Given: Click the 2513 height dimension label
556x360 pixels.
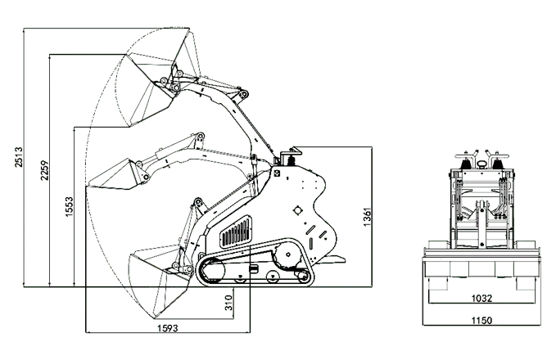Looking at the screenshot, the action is click(x=19, y=157).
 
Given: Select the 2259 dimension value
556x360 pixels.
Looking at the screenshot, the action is click(x=44, y=170).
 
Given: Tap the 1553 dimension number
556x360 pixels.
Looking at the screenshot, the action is click(x=69, y=206).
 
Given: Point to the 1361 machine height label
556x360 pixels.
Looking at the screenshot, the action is click(x=367, y=217).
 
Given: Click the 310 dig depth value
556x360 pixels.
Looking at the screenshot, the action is click(x=229, y=303).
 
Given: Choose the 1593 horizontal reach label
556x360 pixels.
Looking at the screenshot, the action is click(x=168, y=328).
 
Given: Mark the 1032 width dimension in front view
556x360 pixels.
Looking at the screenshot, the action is click(x=481, y=299).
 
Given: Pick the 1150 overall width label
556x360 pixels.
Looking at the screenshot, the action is click(x=481, y=320).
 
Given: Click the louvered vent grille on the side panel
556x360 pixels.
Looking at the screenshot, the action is click(x=236, y=232).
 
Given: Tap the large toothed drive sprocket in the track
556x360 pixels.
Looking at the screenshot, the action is click(x=287, y=254).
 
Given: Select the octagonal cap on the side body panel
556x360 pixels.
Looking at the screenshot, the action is click(x=298, y=210).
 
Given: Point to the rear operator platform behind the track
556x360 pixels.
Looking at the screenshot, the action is click(x=330, y=259).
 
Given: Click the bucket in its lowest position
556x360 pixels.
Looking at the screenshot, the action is click(x=160, y=283).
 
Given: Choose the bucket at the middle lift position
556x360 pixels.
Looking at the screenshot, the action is click(x=119, y=175).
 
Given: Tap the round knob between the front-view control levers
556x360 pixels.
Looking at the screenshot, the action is click(x=481, y=164).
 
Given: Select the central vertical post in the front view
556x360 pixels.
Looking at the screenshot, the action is click(x=481, y=224).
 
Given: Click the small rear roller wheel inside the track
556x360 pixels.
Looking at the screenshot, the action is click(x=303, y=277).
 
